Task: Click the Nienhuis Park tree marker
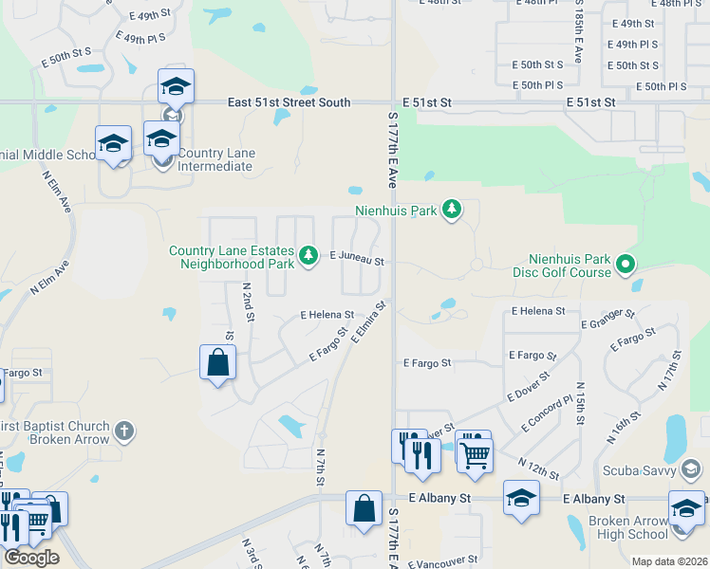452,210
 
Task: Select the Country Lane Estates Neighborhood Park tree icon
308,256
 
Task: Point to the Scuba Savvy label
638,470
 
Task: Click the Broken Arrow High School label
627,527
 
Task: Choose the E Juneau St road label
356,258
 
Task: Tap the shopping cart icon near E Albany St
473,451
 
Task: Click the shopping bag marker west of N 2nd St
217,363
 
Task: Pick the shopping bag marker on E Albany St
364,509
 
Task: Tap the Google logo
31,558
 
